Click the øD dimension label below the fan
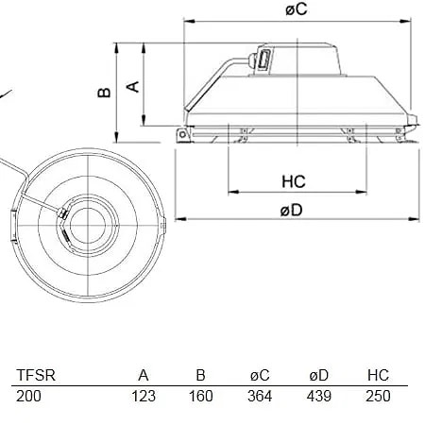pyautogui.click(x=291, y=210)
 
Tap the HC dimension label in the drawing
pyautogui.click(x=293, y=179)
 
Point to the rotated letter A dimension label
pyautogui.click(x=133, y=86)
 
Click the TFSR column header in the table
pyautogui.click(x=36, y=375)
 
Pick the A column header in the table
pyautogui.click(x=144, y=375)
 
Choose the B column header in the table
pyautogui.click(x=201, y=375)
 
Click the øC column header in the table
pyautogui.click(x=259, y=375)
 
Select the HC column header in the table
pyautogui.click(x=378, y=375)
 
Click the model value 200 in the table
pyautogui.click(x=29, y=396)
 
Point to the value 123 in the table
pyautogui.click(x=143, y=396)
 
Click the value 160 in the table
pyautogui.click(x=200, y=396)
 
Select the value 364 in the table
pyautogui.click(x=259, y=396)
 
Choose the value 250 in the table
pyautogui.click(x=378, y=396)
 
